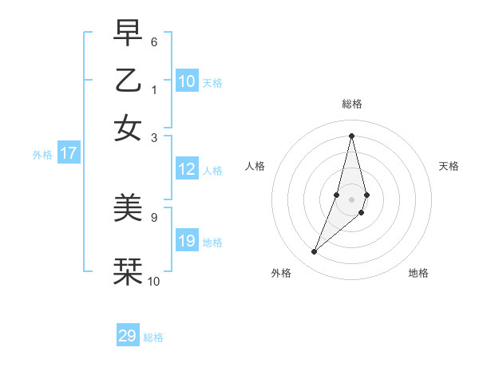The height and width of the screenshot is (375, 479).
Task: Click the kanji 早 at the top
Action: [x=128, y=34]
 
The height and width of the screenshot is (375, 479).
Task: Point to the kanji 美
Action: [x=128, y=208]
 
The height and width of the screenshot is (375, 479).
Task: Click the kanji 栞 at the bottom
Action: [x=128, y=271]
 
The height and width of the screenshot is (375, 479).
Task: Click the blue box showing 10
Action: [x=187, y=81]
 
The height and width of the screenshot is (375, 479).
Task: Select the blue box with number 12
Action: [x=187, y=169]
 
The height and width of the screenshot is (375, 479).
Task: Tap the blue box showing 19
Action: [x=187, y=241]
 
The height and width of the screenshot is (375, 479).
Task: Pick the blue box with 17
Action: [x=69, y=153]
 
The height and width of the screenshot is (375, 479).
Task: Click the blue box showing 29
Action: [x=128, y=336]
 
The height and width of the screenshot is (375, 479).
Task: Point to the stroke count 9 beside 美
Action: [x=153, y=216]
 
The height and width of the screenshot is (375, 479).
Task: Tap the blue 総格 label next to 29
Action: [x=154, y=338]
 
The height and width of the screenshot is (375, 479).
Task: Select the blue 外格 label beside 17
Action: [x=42, y=155]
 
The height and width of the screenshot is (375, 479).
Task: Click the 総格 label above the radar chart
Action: [x=351, y=104]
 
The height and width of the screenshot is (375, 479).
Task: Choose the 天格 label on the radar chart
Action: [x=449, y=166]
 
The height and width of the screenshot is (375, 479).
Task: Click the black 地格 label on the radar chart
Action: [x=418, y=273]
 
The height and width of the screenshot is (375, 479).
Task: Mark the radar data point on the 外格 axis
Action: [x=314, y=252]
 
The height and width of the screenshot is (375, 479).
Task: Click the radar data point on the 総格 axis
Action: [x=351, y=135]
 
